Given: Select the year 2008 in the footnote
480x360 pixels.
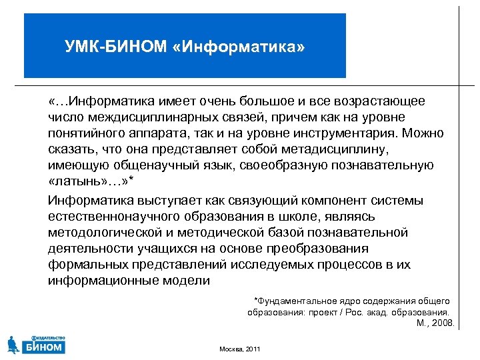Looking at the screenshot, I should (x=443, y=323).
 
